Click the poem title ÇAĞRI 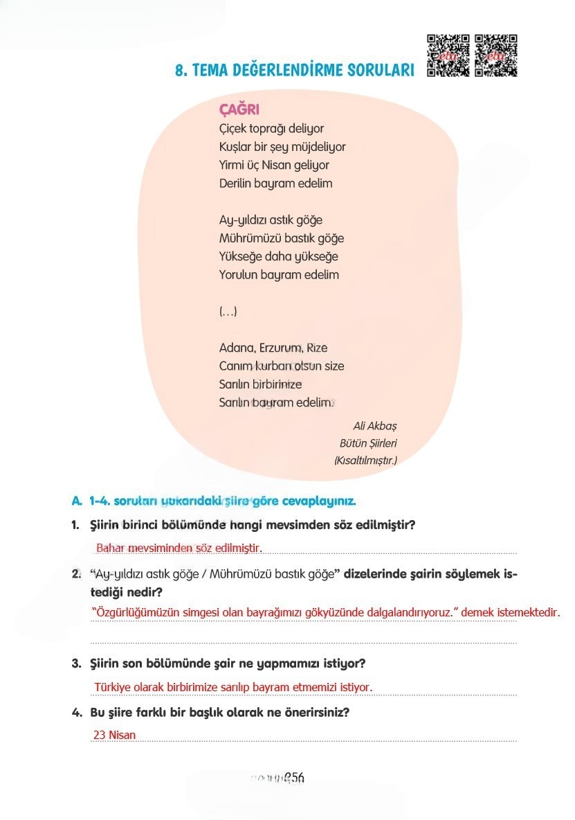239,109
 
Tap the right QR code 496,55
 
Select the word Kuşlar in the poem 235,147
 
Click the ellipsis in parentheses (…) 228,312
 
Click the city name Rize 316,348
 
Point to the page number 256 294,778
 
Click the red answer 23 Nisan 114,735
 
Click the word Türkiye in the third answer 112,687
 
